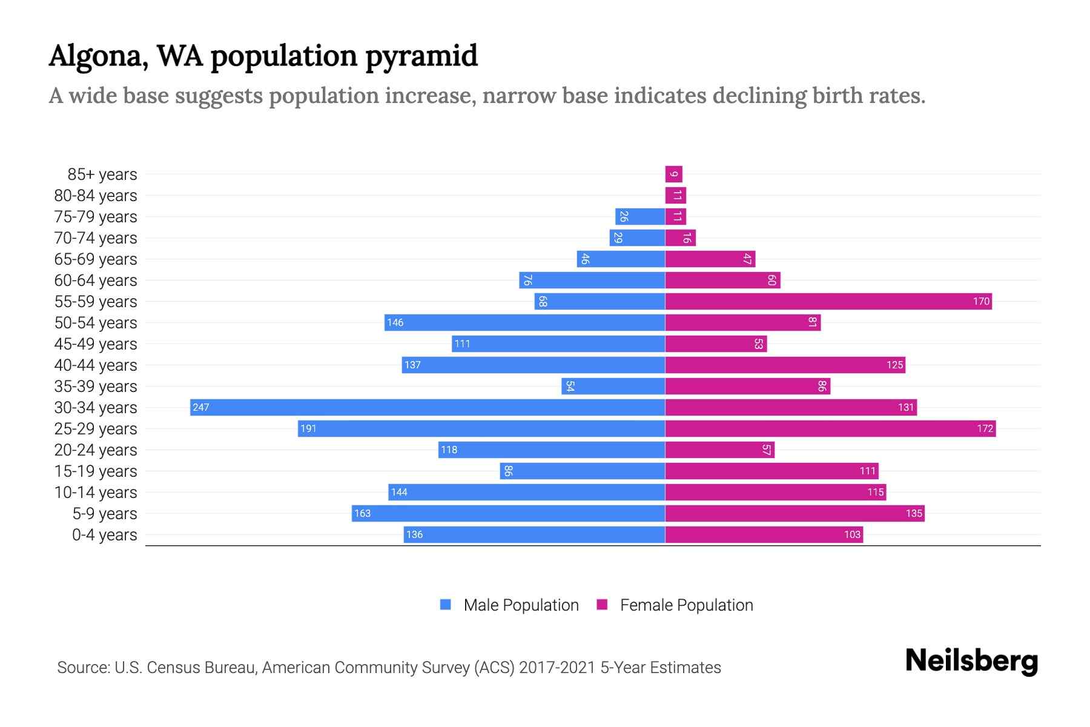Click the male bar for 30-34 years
coord(427,407)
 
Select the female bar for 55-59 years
coord(828,301)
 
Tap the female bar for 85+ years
coord(673,174)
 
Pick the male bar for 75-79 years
coord(640,216)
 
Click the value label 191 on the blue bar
coord(308,428)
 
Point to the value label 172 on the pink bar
coord(985,428)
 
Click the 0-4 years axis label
coord(104,534)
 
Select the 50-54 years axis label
coord(96,322)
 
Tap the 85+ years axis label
coord(102,174)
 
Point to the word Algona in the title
coord(98,56)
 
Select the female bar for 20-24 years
coord(719,450)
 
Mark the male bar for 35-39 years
coord(613,386)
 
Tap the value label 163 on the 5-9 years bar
coord(362,513)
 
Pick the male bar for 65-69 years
coord(621,259)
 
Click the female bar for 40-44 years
coord(785,365)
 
